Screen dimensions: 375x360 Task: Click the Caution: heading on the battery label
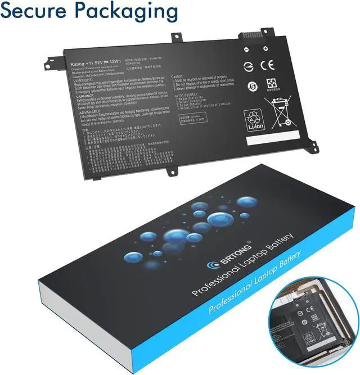(x=177, y=75)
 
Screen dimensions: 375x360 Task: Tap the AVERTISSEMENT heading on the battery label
(x=190, y=96)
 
